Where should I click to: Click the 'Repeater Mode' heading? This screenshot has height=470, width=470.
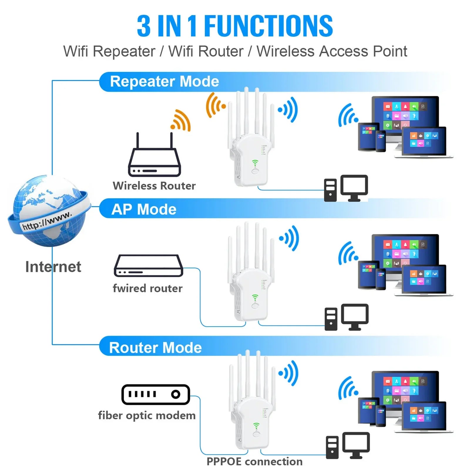164,81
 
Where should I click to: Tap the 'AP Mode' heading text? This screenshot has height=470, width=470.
144,209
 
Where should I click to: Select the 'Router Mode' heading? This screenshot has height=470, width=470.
155,348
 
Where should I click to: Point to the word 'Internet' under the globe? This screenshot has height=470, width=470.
53,267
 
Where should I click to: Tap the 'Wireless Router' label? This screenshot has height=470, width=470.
154,186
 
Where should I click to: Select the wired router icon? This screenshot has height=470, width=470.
148,266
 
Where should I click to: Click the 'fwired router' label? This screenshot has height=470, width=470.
147,288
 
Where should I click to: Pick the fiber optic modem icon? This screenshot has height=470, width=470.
155,394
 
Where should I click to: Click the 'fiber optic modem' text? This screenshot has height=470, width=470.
147,415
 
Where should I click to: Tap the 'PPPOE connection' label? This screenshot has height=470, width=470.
254,461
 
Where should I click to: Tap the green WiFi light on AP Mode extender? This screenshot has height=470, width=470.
255,298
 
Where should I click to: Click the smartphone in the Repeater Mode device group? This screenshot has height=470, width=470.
380,141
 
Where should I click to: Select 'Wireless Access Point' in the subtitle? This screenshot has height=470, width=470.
332,51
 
